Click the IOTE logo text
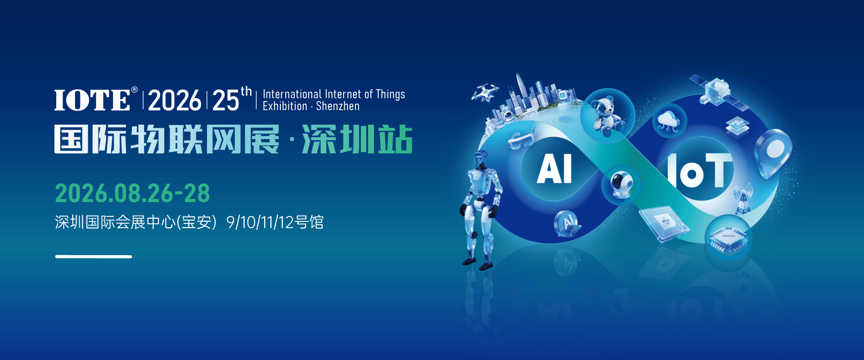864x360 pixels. (x=92, y=100)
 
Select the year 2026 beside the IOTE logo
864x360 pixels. (x=174, y=100)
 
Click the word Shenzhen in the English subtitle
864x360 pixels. (x=337, y=107)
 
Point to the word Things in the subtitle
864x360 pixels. (x=390, y=94)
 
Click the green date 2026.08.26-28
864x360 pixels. (x=132, y=193)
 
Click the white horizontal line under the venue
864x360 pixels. (x=94, y=256)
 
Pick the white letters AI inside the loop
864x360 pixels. (x=554, y=169)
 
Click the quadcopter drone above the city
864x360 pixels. (x=485, y=92)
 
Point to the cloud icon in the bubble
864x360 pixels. (x=669, y=121)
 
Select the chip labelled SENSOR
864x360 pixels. (x=728, y=237)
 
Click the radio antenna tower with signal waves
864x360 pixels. (x=742, y=198)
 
